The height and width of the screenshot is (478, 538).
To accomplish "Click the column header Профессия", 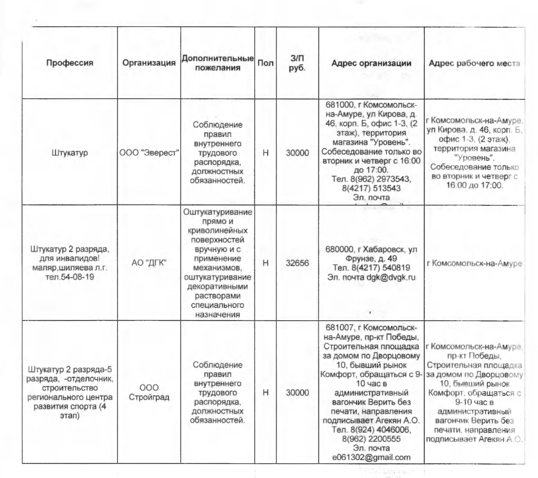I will (70, 63).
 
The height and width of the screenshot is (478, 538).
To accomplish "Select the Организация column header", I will (149, 63).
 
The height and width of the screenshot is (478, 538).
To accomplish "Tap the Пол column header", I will (265, 63).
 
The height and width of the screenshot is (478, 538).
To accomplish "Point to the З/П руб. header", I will (297, 63).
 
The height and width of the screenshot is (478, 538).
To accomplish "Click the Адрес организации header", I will (371, 63).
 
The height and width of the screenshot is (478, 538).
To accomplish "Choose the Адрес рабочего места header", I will (474, 63).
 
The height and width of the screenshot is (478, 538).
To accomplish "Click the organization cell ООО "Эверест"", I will (149, 152).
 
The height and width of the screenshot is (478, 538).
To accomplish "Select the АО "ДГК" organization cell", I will (149, 263).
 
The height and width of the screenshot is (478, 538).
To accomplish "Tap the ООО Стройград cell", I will (149, 392).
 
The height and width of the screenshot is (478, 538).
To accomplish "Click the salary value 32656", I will (297, 263).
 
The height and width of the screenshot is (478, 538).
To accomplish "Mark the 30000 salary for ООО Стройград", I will (297, 393).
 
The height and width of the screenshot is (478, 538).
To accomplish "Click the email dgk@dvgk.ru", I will (391, 277).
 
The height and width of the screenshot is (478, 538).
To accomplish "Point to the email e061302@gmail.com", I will (371, 457).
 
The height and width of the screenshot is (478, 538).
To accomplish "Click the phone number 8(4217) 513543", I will (371, 188).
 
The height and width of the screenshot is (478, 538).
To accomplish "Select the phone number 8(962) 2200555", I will (371, 439).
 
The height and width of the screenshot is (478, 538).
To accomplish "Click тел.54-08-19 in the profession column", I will (70, 277).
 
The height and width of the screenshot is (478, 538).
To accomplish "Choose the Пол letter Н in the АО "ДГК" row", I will (265, 263).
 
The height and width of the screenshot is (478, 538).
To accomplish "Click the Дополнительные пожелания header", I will (217, 63).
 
